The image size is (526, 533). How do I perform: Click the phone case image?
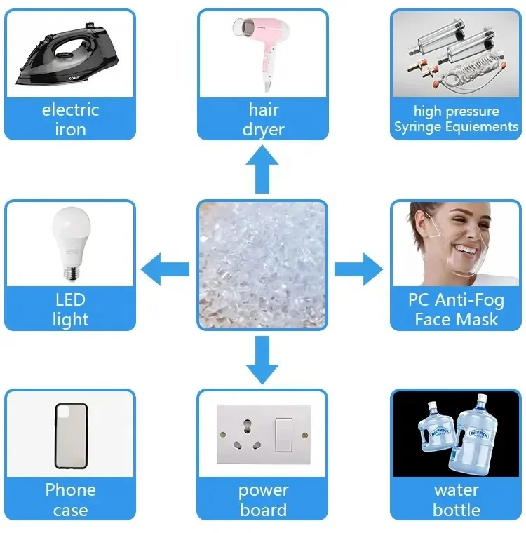pos(71,436)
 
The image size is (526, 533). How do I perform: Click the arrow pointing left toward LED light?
pos(166,269)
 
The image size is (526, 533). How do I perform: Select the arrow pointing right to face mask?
pos(358,269)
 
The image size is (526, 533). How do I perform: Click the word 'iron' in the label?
pos(70,130)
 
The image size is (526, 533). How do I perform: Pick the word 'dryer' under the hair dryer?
pos(264,130)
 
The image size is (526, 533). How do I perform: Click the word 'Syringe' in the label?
pos(419,127)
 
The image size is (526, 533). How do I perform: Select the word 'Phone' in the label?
pos(70,490)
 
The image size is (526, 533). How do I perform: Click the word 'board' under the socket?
pos(263,510)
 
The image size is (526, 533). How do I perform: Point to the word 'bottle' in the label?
pos(457,510)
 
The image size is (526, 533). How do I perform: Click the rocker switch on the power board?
pos(283,436)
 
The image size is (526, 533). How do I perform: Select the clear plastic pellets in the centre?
pos(262,265)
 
